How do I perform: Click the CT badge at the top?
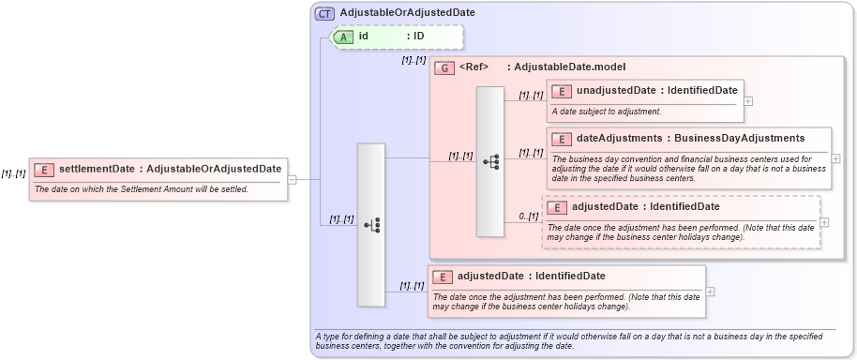tap(324, 13)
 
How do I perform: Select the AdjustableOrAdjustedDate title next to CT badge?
tap(408, 13)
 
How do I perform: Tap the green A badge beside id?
tap(344, 37)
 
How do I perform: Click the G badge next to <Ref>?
tap(444, 67)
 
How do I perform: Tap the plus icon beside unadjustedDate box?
tap(748, 100)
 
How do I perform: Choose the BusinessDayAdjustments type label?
tap(739, 139)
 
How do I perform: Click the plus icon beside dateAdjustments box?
tap(835, 158)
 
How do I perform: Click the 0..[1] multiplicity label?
tap(529, 217)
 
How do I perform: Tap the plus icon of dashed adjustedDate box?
tap(824, 222)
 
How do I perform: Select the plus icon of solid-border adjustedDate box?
tap(710, 291)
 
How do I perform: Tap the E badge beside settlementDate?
tap(43, 170)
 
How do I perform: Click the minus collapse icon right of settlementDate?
tap(293, 179)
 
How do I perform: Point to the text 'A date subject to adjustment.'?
tap(606, 112)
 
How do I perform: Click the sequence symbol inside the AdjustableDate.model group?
tap(490, 161)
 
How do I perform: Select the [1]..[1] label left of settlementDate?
tap(13, 173)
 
